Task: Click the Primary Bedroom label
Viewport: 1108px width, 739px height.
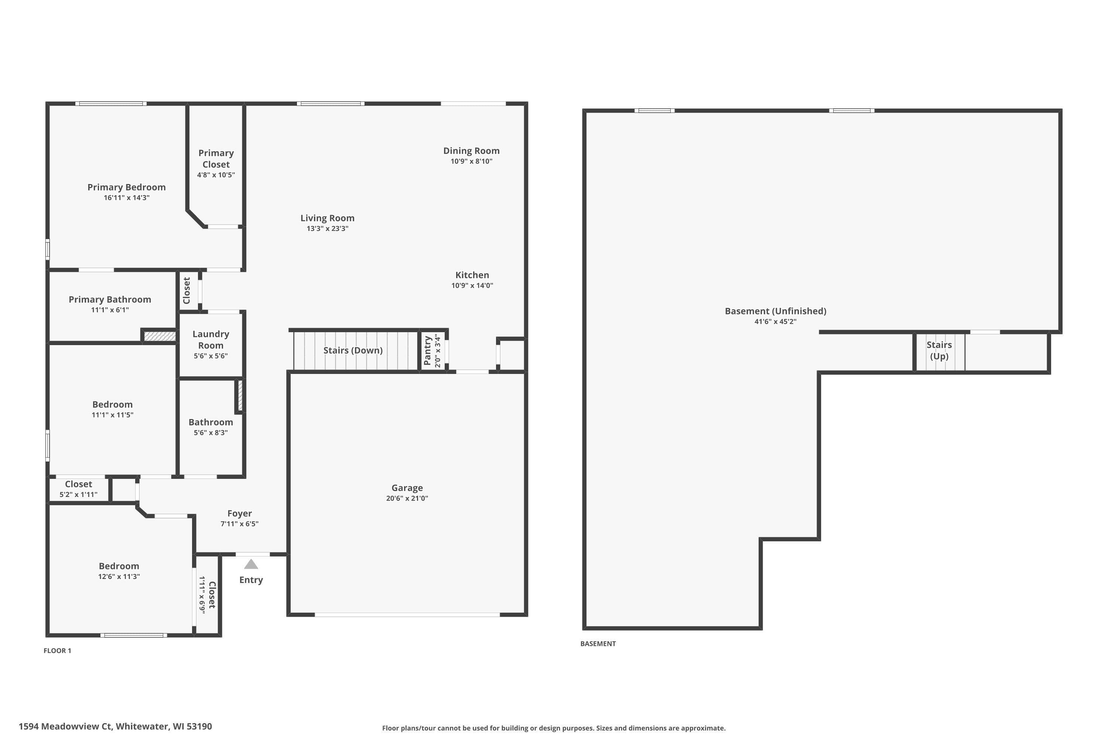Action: (126, 187)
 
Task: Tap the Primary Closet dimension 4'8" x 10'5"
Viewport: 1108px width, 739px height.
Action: (216, 175)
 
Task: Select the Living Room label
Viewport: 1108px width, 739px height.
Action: (327, 218)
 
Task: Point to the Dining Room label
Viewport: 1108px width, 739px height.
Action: (471, 151)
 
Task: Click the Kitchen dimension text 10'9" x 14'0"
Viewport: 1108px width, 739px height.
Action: (472, 285)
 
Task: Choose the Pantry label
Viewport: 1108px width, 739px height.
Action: (427, 351)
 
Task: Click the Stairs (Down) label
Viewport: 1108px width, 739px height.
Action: (353, 350)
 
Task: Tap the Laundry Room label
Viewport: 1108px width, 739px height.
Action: (211, 339)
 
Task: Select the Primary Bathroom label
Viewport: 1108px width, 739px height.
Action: (110, 299)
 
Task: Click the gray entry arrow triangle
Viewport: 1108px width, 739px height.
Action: (251, 565)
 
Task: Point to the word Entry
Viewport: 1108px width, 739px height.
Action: (251, 580)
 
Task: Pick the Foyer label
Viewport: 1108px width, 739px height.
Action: (239, 513)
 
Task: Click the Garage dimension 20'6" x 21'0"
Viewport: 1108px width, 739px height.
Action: (407, 498)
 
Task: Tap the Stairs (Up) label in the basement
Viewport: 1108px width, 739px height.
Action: (939, 350)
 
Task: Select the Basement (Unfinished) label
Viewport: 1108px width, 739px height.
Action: (775, 311)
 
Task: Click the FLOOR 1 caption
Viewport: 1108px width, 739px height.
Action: (58, 651)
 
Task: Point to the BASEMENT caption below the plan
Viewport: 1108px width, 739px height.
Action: (598, 644)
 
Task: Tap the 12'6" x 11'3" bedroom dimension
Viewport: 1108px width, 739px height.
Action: (119, 576)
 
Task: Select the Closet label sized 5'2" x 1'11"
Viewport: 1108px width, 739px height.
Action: (78, 484)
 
